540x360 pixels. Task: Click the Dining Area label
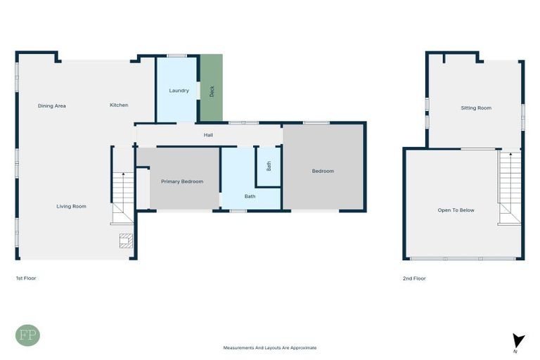pos(52,105)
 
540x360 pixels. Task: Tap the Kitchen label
pos(119,105)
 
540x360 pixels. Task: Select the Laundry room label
pos(179,91)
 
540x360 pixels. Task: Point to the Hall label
pos(208,135)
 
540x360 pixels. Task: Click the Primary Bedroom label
pos(182,181)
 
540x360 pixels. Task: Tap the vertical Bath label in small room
pos(269,167)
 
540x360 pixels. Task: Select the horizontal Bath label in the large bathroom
pos(250,196)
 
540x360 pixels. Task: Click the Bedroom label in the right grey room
pos(323,171)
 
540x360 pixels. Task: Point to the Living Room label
pos(72,206)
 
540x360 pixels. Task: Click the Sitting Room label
pos(475,108)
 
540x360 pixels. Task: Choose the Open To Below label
pos(456,210)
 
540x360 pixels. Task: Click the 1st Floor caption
pos(26,278)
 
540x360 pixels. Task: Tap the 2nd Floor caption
pos(414,278)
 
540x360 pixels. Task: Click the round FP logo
pos(27,335)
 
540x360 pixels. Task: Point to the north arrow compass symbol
pos(518,341)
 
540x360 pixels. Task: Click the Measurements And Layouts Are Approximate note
pos(269,347)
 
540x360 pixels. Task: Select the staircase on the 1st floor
pos(123,198)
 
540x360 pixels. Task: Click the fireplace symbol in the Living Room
pos(126,241)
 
